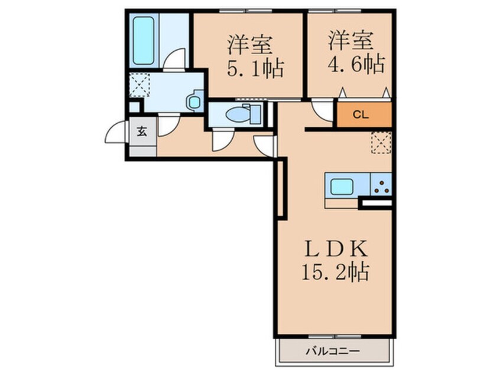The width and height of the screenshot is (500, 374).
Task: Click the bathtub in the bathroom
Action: coord(144,40)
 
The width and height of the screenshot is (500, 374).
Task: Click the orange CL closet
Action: coord(364,115)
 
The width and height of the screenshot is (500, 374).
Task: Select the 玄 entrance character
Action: coord(142,131)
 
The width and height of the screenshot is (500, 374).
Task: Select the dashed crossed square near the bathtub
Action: coord(139,84)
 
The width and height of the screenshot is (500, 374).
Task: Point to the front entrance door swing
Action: coord(116,133)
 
